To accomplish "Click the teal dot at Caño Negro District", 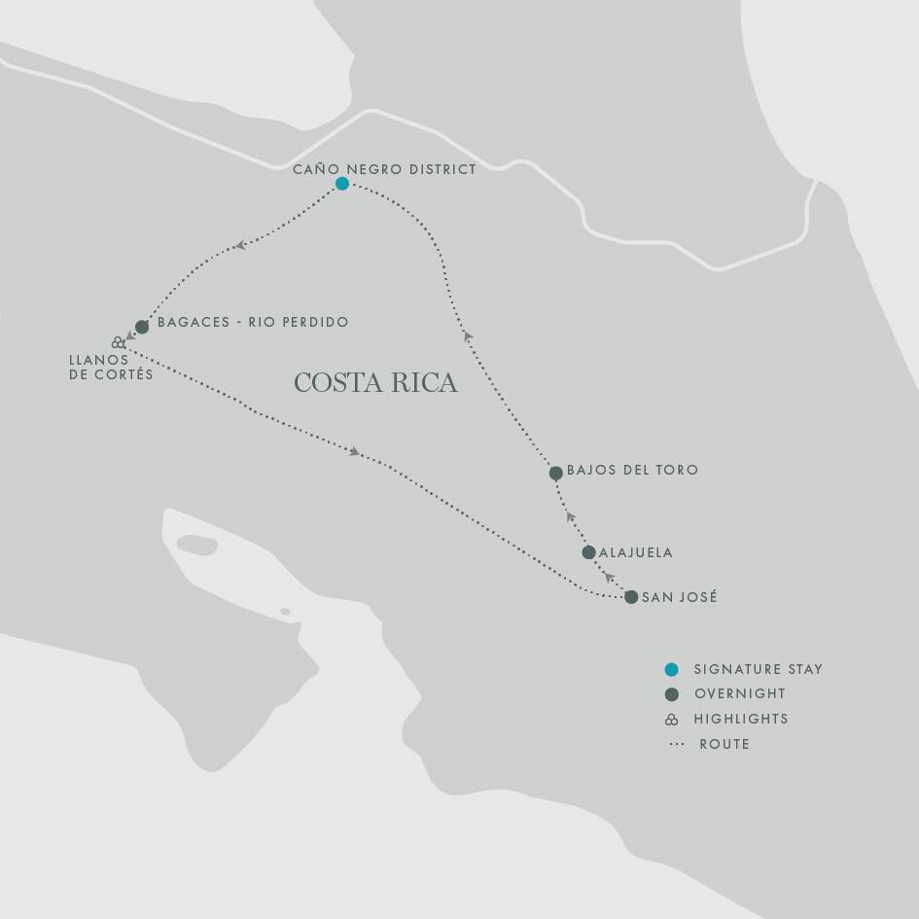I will (342, 184).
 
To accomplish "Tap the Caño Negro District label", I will (385, 169).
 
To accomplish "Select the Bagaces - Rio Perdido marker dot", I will (142, 327).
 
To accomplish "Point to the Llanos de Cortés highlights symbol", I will (118, 342).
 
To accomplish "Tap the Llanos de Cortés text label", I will (111, 367).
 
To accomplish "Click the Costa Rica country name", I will (375, 382).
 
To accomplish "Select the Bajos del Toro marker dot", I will (555, 474).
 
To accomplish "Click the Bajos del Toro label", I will (632, 470).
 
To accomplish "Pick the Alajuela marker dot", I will (588, 552).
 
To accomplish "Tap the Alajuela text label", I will (636, 552).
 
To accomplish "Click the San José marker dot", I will (631, 597).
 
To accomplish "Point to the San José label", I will (680, 597).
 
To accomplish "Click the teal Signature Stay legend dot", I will (671, 669).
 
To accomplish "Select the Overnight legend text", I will (739, 694).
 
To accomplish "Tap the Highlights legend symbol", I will (671, 720).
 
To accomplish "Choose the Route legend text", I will (724, 744).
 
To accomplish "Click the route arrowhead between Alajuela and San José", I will (609, 577).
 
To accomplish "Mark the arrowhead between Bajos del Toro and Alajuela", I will (571, 517).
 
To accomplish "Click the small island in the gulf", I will (285, 612).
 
